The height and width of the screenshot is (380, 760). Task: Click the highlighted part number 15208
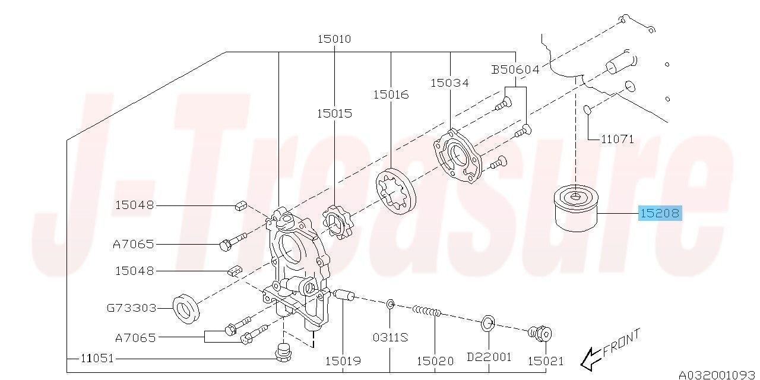[660, 213]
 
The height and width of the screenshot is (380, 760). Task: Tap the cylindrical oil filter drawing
[575, 208]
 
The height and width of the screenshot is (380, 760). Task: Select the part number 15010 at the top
[334, 39]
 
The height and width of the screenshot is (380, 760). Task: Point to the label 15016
[391, 94]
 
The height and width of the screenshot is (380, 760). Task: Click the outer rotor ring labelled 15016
[395, 191]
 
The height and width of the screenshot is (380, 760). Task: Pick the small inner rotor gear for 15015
[338, 222]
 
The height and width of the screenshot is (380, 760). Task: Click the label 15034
[449, 83]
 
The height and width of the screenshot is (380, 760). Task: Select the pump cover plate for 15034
[458, 156]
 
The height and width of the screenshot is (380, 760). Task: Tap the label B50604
[515, 69]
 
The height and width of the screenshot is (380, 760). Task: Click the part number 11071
[617, 139]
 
